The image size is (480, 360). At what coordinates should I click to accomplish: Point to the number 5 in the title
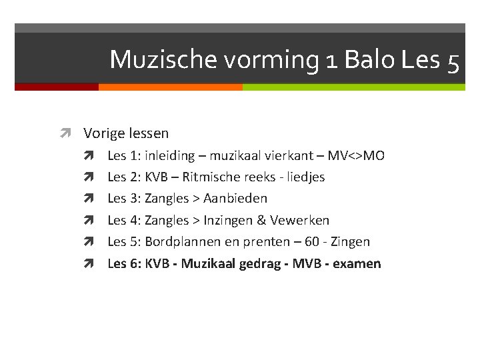tap(453, 61)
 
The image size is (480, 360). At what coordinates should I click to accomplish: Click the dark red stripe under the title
tap(56, 87)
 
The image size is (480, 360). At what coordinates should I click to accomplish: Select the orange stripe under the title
tap(170, 87)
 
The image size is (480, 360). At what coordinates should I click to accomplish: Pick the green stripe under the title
tap(353, 87)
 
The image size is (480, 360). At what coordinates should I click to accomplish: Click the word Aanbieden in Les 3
tap(235, 199)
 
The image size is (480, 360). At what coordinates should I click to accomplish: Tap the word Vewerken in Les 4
tap(299, 220)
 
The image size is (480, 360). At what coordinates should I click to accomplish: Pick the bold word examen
tap(356, 263)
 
